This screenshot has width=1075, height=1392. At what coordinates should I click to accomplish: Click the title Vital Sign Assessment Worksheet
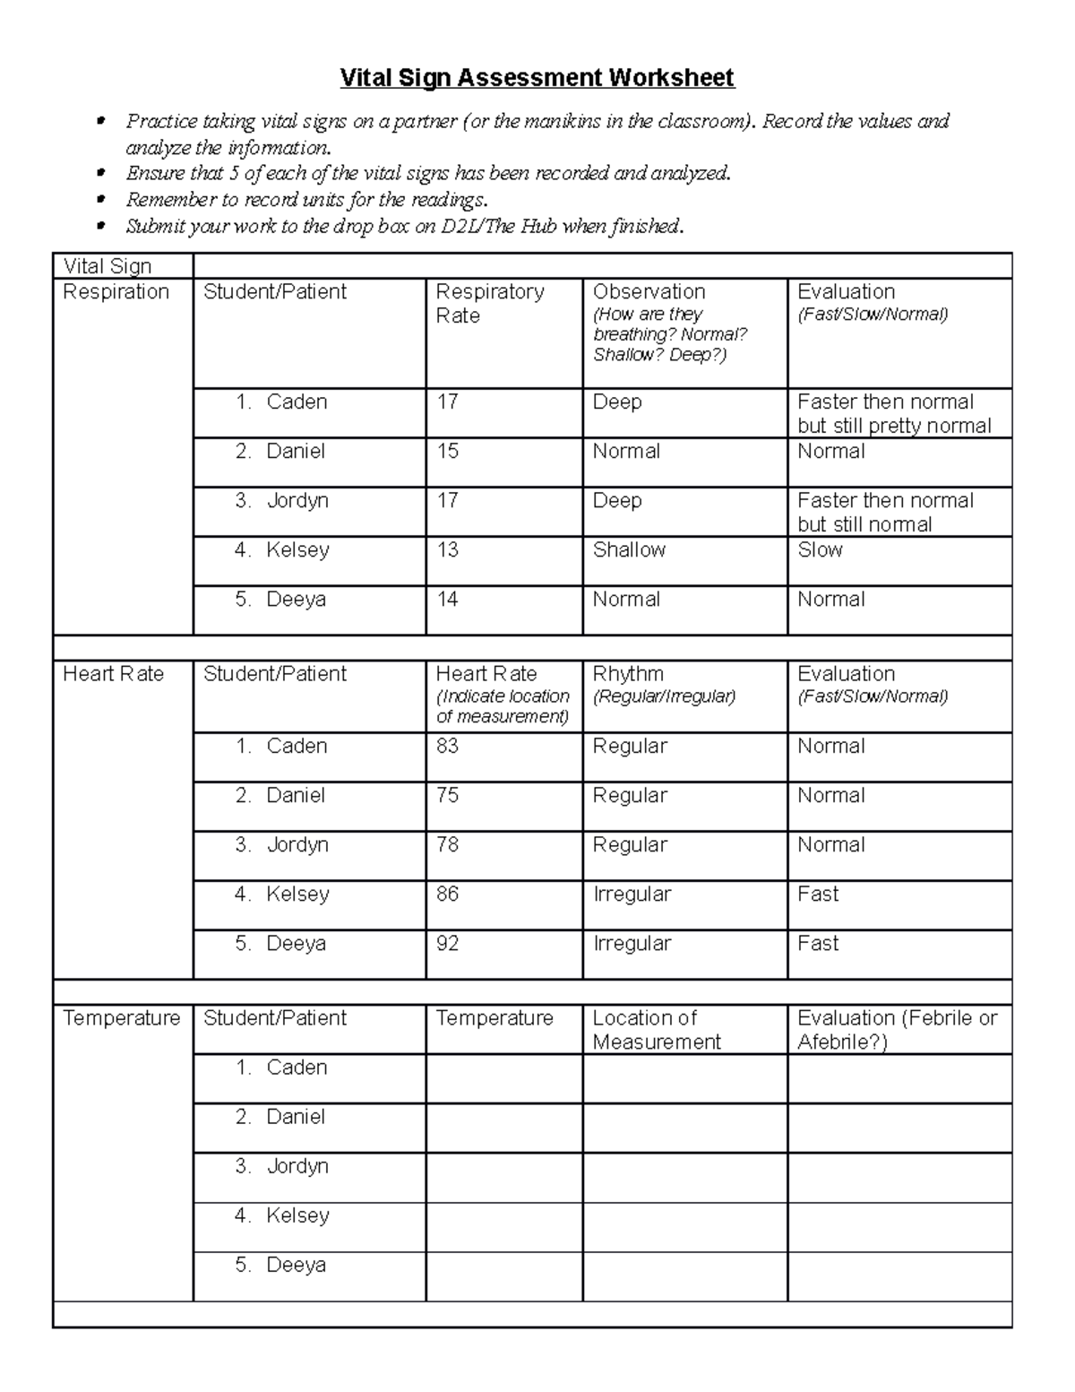click(537, 78)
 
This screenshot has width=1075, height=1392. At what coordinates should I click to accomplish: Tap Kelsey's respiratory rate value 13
click(447, 549)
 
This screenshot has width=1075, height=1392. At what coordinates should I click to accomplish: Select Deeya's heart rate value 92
click(447, 943)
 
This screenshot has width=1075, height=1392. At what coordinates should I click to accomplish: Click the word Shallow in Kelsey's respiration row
click(629, 549)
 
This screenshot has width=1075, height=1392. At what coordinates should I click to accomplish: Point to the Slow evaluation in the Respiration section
click(820, 549)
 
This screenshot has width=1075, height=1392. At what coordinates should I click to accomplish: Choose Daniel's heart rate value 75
click(447, 795)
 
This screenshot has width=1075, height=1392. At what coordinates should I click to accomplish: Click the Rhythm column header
click(628, 674)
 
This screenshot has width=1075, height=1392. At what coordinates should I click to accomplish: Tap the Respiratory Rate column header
click(489, 303)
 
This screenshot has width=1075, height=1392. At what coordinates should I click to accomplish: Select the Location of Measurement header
click(656, 1029)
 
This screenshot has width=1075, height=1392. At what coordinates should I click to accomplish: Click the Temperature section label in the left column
click(121, 1018)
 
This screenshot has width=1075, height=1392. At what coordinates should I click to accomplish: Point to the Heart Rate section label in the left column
click(113, 674)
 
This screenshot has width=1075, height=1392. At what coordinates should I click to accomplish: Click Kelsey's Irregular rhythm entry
click(632, 894)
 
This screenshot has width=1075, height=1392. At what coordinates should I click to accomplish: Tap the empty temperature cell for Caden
click(503, 1077)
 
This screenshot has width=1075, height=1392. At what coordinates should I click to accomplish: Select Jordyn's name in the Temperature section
click(297, 1166)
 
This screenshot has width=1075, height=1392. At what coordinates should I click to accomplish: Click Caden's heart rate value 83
click(447, 746)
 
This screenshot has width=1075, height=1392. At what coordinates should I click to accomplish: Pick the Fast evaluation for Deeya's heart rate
click(818, 943)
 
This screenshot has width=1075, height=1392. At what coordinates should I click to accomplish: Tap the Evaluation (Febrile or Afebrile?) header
click(897, 1029)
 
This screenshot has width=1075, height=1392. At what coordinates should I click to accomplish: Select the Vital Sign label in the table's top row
click(107, 266)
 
